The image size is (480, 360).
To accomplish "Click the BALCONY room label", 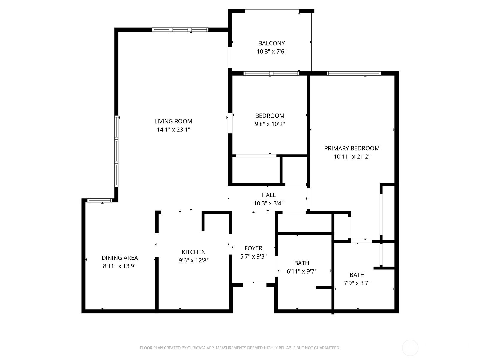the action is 271,43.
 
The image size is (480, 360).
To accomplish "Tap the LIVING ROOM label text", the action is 173,121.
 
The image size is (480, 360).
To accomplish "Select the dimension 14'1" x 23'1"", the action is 173,130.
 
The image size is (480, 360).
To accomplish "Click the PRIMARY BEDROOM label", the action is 352,148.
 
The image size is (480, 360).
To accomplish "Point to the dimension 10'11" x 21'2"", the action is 352,157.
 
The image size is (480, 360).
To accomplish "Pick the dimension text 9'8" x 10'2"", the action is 270,124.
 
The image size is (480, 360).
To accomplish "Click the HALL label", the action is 268,195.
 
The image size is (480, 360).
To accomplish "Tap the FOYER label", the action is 253,248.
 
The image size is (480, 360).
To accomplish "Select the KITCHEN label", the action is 193,252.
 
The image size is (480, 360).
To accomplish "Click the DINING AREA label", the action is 120,258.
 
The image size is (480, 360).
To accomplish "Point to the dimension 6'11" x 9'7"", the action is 301,271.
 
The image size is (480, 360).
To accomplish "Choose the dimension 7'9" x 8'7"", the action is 357,283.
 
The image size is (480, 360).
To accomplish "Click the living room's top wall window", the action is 180,29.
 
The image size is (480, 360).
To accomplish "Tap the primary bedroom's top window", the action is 354,73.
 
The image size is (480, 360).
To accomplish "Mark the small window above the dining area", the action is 100,200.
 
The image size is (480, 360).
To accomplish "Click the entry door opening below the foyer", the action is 254,285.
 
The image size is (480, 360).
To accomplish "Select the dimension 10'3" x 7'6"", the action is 271,52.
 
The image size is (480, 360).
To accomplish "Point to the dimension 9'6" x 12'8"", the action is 193,260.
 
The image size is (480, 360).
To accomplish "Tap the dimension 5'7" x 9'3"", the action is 253,256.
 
